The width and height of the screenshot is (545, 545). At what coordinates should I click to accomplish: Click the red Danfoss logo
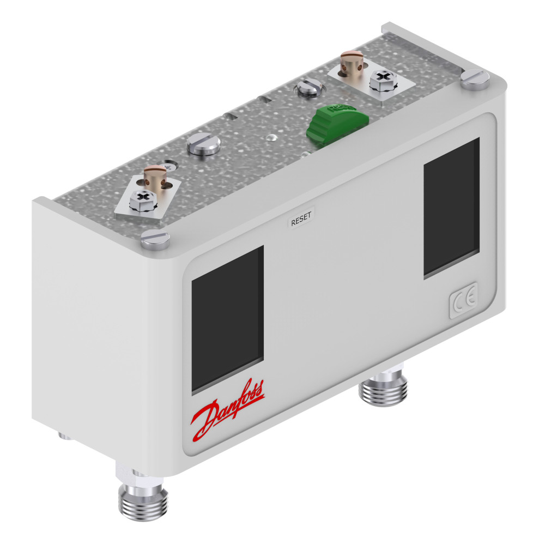coord(228,410)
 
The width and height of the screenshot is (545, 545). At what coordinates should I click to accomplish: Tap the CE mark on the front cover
coord(464,300)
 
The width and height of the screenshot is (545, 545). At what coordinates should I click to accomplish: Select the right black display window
coord(451,208)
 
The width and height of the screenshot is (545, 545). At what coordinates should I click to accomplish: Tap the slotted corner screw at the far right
coord(475,80)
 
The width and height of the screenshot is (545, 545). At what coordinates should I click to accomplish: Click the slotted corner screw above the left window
coord(155,239)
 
